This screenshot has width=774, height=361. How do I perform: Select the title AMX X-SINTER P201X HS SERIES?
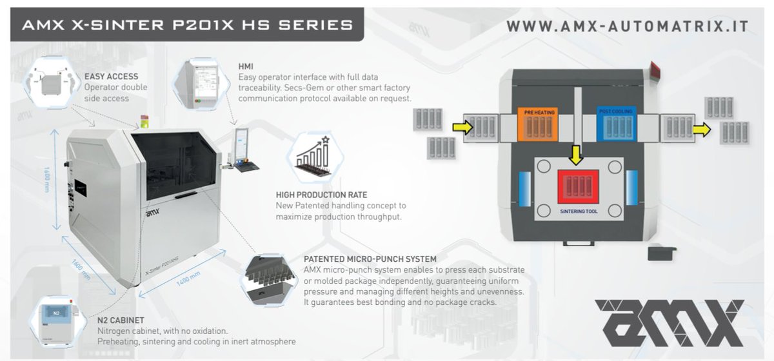pos(187,25)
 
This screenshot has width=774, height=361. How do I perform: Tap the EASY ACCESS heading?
pos(112,76)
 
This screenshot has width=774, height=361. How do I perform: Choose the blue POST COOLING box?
pos(616,122)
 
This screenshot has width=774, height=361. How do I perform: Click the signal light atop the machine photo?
pos(144,121)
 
